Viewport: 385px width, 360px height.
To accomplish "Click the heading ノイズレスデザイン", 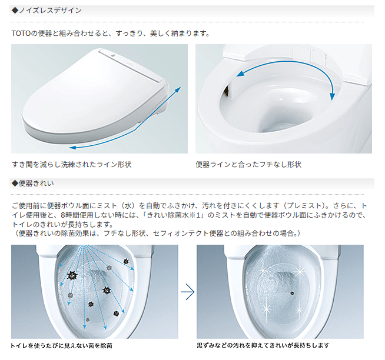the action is pos(50,11).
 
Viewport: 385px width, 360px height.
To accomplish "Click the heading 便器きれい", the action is pos(36,184).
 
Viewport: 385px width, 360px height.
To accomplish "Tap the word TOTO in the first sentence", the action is pos(21,34).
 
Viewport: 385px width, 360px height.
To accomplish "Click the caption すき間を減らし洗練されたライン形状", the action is pos(72,165).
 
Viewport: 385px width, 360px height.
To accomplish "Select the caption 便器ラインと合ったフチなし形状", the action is pos(248,165).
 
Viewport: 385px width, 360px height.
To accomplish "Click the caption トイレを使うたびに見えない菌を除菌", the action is pos(61,346).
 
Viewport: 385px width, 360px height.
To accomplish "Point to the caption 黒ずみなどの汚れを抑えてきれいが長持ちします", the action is pos(263,345).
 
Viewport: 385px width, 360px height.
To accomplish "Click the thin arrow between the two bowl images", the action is pos(188,292).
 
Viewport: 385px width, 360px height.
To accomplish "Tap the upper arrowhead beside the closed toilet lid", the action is pos(178,89).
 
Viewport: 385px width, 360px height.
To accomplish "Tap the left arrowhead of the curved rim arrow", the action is pos(240,73).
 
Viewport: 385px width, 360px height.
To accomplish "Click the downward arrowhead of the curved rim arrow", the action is pos(333,96).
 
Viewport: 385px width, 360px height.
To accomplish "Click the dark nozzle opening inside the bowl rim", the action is pos(227,91).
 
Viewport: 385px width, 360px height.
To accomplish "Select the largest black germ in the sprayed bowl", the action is pos(72,276).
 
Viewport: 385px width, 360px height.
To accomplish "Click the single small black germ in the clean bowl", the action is pos(292,293).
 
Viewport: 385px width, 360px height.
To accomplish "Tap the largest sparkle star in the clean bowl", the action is pos(299,272).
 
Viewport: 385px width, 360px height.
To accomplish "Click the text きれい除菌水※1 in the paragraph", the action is pos(175,215).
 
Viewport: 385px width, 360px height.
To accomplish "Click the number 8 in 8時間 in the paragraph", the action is pos(63,215).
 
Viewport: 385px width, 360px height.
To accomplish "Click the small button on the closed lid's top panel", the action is pos(113,55).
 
